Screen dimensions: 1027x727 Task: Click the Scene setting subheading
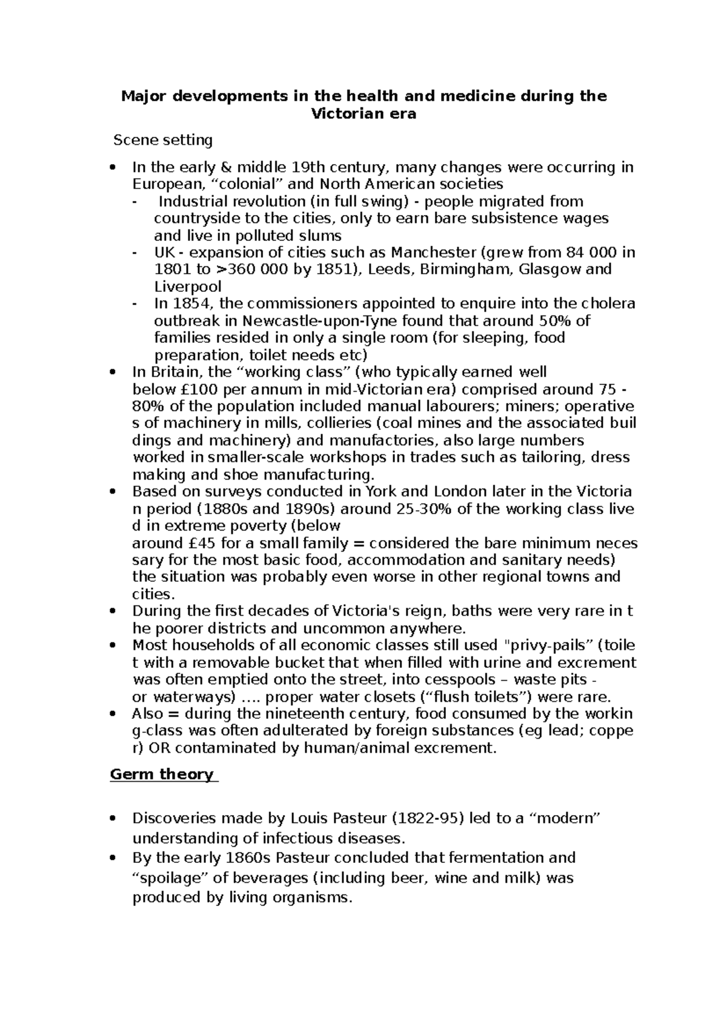[164, 140]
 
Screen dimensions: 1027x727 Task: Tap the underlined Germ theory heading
[162, 774]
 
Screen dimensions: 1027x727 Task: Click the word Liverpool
[188, 286]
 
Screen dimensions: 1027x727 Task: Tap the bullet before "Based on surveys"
[112, 492]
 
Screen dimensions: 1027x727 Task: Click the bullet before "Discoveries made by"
[112, 819]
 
